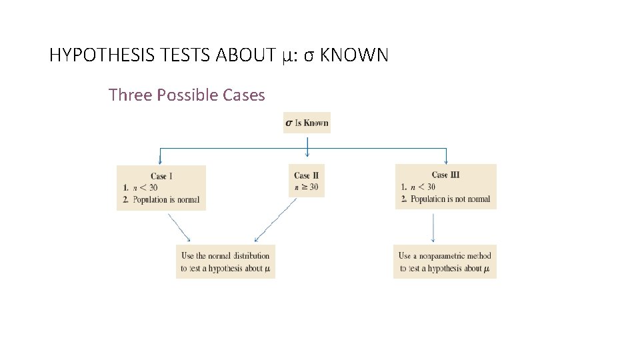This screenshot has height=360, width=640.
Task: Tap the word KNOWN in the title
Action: (x=354, y=55)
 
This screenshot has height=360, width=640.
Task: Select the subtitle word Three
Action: (x=129, y=95)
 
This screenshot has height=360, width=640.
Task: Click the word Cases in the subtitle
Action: (x=244, y=95)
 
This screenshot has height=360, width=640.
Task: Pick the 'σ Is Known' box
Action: (x=307, y=123)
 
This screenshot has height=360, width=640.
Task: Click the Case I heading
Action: (x=161, y=176)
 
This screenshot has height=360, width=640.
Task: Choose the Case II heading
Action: (x=306, y=175)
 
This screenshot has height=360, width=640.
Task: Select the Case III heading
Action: (x=445, y=175)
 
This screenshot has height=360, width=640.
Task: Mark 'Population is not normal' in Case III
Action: (x=450, y=199)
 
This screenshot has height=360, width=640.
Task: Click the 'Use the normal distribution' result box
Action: (x=225, y=262)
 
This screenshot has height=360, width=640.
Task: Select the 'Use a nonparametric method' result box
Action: (x=445, y=262)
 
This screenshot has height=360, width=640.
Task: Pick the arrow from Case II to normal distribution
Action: (x=275, y=221)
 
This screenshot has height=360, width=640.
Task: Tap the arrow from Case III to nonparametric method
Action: (x=433, y=227)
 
